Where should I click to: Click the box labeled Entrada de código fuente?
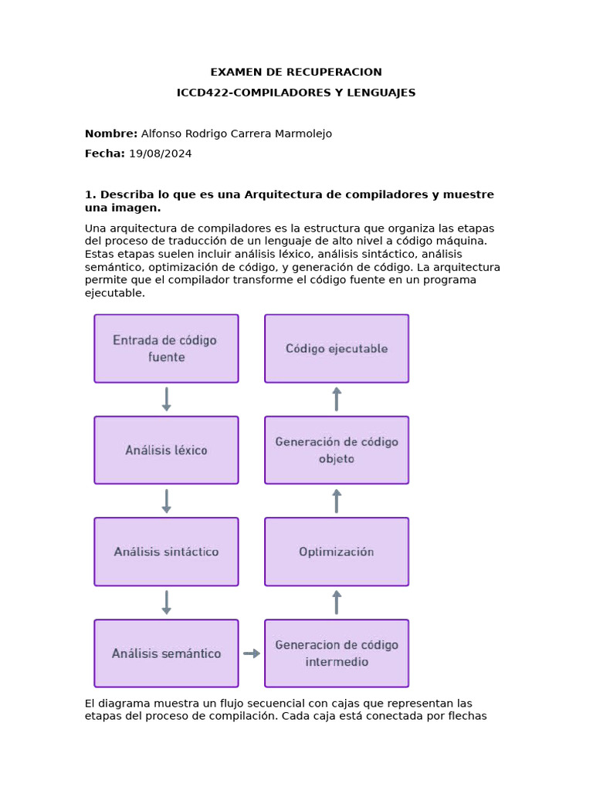[166, 349]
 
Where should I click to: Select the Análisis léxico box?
[166, 451]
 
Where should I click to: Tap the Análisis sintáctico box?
[166, 552]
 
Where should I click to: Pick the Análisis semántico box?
[166, 653]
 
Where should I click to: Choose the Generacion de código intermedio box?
[337, 653]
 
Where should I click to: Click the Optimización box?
[337, 552]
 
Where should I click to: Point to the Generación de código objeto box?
[337, 451]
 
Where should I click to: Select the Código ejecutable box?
[337, 349]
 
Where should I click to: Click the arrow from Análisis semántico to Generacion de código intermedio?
[252, 653]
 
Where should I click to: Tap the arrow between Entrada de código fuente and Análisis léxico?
[166, 400]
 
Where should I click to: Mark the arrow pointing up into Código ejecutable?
[337, 399]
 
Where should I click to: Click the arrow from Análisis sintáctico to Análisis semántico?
[166, 603]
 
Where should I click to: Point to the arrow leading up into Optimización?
[337, 603]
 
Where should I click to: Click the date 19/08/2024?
[160, 154]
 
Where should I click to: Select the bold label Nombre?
[111, 133]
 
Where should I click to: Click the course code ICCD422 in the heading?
[203, 93]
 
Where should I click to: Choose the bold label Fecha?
[104, 154]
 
